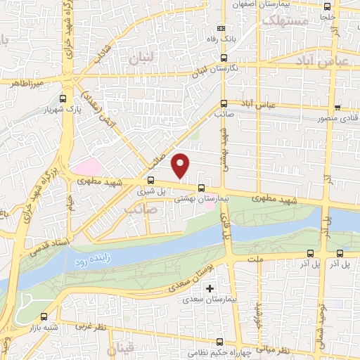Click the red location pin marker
[181, 165]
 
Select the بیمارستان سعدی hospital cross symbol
[210, 288]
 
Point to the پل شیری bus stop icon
[150, 179]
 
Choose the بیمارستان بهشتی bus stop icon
[202, 188]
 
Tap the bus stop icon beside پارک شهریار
[64, 98]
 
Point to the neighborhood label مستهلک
[284, 20]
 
